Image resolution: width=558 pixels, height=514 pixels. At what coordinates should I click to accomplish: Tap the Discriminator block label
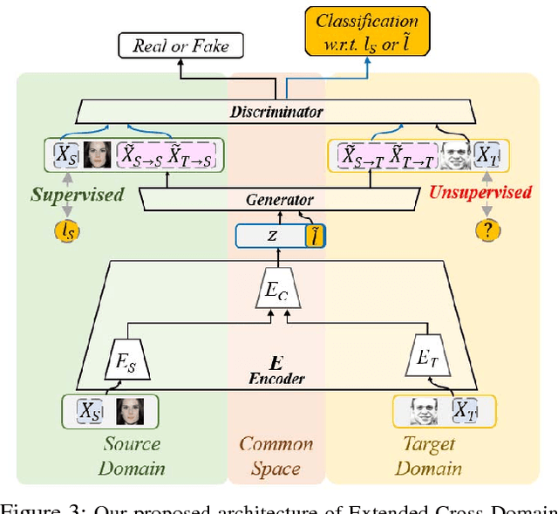(x=276, y=112)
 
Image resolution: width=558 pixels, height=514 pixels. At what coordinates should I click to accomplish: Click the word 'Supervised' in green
(x=78, y=194)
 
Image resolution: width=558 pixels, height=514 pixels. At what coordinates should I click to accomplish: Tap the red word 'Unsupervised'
(x=480, y=193)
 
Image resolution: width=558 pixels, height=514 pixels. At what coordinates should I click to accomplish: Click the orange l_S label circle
(x=66, y=230)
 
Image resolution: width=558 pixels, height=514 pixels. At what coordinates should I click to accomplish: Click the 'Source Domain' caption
(x=131, y=456)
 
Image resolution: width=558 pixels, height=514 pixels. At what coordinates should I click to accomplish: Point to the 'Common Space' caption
(x=276, y=456)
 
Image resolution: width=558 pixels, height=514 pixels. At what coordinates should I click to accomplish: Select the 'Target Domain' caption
(x=428, y=456)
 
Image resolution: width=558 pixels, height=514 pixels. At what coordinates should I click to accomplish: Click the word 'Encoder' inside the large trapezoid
(x=276, y=380)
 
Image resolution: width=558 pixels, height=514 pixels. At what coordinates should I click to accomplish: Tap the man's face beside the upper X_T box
(x=455, y=155)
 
